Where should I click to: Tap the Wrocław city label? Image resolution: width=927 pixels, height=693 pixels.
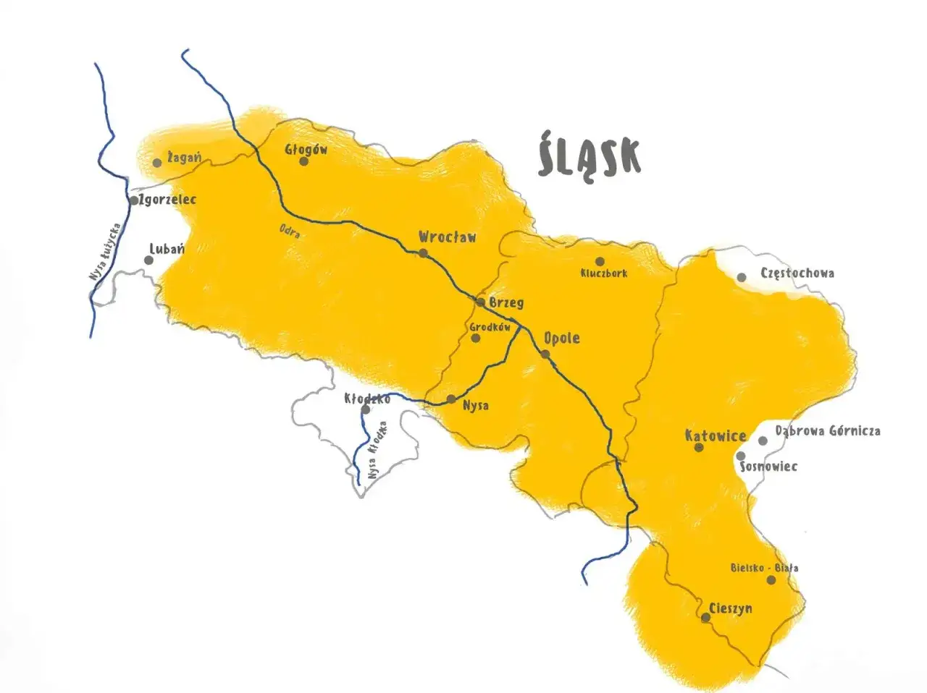click(x=448, y=237)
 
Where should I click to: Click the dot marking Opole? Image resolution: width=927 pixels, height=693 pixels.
click(x=545, y=354)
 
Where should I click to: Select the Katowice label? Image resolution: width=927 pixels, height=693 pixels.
click(x=716, y=435)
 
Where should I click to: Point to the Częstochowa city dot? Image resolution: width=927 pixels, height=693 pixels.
click(x=742, y=277)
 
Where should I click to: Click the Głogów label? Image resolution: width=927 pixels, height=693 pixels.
click(x=306, y=150)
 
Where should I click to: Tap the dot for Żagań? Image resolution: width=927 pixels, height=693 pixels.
click(x=157, y=163)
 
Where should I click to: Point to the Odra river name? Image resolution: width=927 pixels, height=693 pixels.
click(x=290, y=231)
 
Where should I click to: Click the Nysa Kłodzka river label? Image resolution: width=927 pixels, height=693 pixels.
click(x=377, y=450)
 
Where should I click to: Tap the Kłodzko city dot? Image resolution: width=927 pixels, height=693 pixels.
click(x=366, y=410)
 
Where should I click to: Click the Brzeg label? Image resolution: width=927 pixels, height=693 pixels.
click(x=506, y=302)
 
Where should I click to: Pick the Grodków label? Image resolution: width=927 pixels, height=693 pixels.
click(x=490, y=327)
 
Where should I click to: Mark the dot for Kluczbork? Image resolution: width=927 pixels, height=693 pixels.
click(x=600, y=261)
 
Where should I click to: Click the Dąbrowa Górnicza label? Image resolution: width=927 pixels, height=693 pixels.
click(x=828, y=431)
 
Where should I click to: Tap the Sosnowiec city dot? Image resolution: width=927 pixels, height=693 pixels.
click(x=740, y=456)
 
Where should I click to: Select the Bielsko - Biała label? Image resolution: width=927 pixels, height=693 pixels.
click(x=764, y=568)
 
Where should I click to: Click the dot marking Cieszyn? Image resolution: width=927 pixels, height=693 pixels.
click(x=705, y=617)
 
